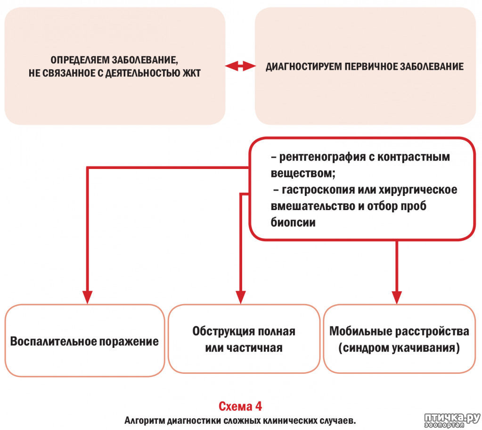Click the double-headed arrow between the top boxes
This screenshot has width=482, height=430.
click(x=240, y=66)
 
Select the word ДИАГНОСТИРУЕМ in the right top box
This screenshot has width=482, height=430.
click(x=304, y=67)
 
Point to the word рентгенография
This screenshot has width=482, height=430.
click(x=322, y=157)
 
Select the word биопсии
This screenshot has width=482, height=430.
click(x=293, y=222)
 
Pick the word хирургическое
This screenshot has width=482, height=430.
click(x=418, y=190)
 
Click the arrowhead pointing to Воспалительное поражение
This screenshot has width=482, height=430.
click(x=87, y=297)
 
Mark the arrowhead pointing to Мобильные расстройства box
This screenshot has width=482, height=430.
click(x=397, y=297)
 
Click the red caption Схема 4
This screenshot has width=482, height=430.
click(x=240, y=406)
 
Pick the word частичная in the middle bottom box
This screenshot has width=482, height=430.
click(x=258, y=348)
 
